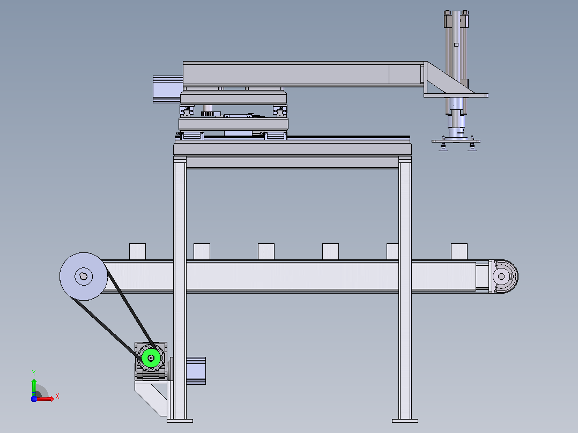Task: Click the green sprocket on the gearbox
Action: (151, 358)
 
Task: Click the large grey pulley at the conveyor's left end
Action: (84, 277)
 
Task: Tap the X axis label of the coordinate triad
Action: (57, 397)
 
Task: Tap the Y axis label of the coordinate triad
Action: (34, 372)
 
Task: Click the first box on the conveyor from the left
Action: (137, 252)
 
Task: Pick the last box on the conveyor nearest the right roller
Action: (460, 252)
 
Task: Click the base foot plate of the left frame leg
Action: (180, 421)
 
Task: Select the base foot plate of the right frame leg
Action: (405, 421)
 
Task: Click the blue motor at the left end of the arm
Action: (168, 89)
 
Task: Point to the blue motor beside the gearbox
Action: (196, 371)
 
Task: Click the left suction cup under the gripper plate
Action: (443, 146)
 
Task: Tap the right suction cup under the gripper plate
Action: (472, 146)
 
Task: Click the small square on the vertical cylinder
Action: (456, 44)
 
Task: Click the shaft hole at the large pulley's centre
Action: (83, 277)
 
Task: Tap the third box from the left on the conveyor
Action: (266, 252)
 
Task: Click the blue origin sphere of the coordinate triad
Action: (34, 399)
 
